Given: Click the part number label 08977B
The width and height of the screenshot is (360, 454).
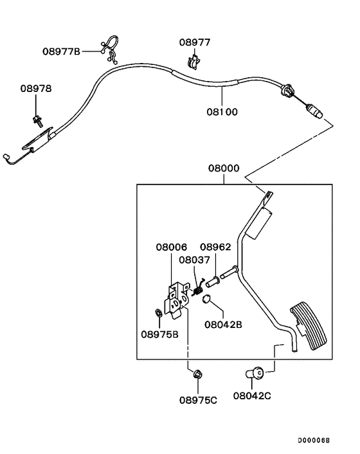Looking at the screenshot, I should pos(61,51).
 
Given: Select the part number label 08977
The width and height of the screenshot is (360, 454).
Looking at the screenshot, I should pos(194,43).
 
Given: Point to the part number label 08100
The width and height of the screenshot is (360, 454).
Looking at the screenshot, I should pos(222,112).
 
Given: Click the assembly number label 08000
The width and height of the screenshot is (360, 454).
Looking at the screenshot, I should pos(223,168).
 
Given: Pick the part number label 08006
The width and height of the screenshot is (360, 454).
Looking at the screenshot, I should pos(171,247).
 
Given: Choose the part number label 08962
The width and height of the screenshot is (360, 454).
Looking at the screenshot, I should pos(215,247).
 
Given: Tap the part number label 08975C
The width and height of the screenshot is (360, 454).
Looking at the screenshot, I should pos(198,400).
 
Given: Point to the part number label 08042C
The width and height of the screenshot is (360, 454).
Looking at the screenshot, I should pos(252,397).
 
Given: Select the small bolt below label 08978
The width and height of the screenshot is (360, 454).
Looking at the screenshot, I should pos(37,118).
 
